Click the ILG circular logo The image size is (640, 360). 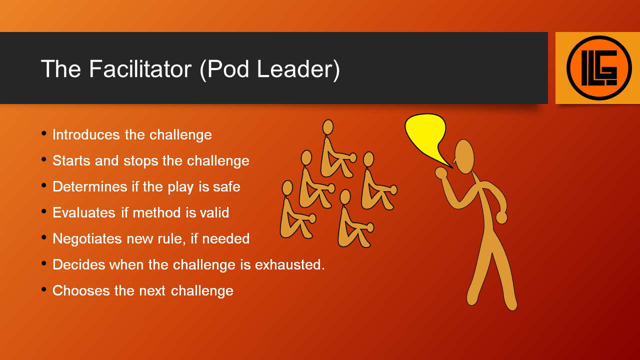click(599, 68)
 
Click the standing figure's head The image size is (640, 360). click(464, 156)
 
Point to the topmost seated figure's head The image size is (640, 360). click(328, 127)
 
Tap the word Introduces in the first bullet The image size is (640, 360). click(86, 134)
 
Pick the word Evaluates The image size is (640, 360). click(84, 212)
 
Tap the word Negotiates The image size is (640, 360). click(87, 238)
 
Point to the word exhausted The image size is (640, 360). click(289, 264)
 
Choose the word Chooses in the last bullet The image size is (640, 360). click(81, 290)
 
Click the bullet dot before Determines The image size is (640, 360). click(43, 185)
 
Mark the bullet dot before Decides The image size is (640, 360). click(43, 263)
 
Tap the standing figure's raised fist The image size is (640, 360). click(441, 173)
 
